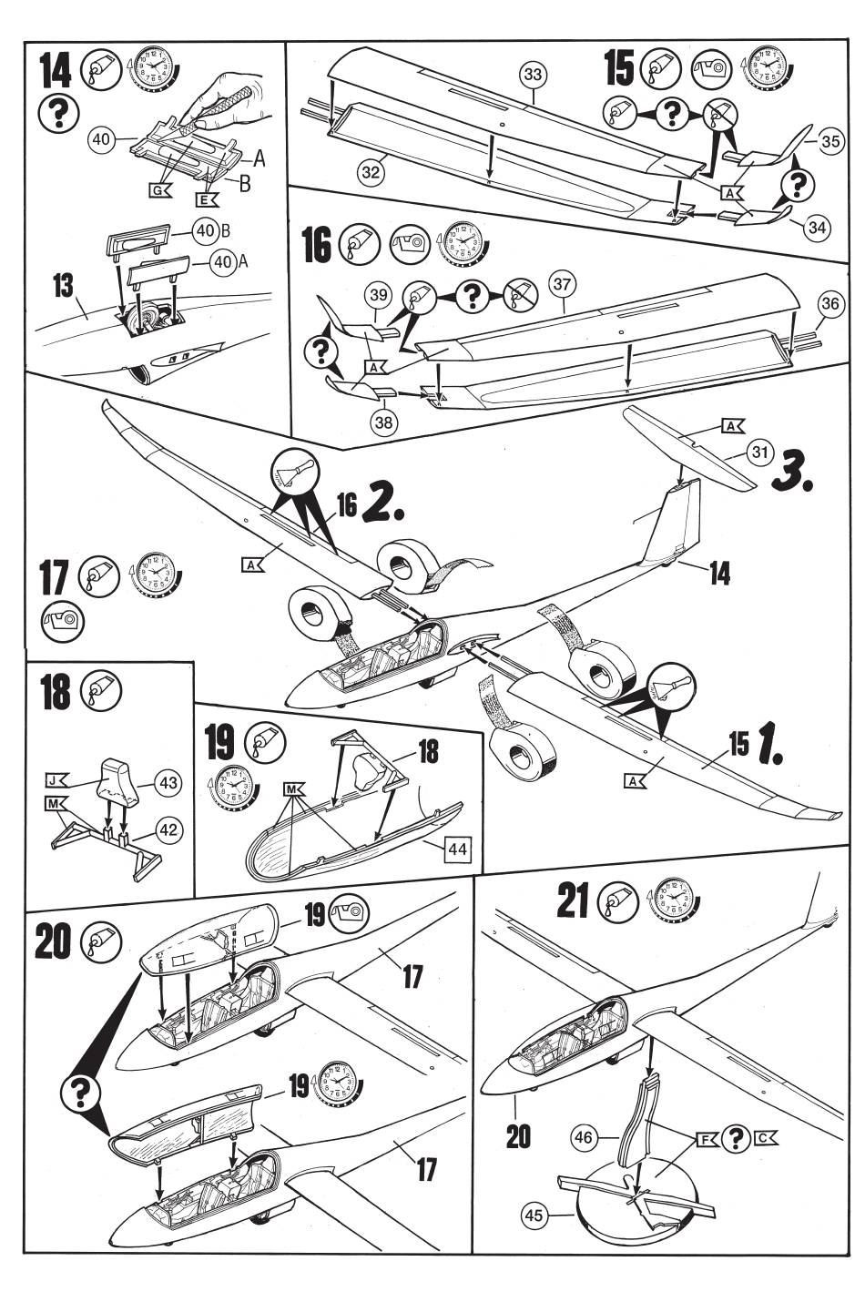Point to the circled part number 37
[x=562, y=285]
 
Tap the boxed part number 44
[x=457, y=849]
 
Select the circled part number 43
[x=169, y=782]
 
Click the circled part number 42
[x=169, y=829]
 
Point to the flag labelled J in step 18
[x=56, y=780]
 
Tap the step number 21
[x=572, y=904]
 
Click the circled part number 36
[x=829, y=304]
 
